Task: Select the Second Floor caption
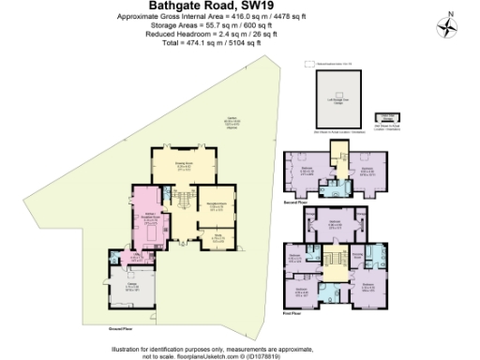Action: coord(296,201)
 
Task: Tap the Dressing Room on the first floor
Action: coord(359,255)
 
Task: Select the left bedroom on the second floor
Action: coord(306,172)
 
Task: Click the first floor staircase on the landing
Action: coord(333,258)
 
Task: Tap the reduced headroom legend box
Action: coord(310,64)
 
